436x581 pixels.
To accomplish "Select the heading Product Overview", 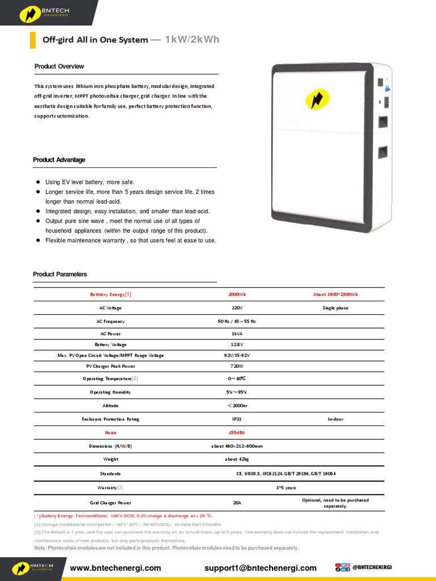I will pos(59,66).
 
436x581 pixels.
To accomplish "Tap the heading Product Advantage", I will pos(59,160).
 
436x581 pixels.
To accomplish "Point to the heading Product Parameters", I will pos(60,274).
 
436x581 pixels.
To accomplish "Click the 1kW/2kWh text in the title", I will pos(192,40).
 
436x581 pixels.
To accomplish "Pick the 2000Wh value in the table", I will pos(237,294).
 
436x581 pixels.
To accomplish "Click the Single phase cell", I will pos(335,308).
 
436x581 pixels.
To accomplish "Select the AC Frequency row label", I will pos(110,321).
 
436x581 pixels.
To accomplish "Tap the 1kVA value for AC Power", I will pos(237,334).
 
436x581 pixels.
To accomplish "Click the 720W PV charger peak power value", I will pos(237,367).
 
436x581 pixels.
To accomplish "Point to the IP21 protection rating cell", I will pos(237,419).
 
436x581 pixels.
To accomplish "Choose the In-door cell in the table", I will pos(335,419).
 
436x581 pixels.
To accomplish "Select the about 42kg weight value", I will pos(237,459).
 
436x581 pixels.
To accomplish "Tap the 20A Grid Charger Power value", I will pos(237,503).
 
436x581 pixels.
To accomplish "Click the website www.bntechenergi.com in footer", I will pos(115,568).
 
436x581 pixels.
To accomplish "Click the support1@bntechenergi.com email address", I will pos(261,568).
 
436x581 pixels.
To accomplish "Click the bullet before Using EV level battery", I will pos(37,182).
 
